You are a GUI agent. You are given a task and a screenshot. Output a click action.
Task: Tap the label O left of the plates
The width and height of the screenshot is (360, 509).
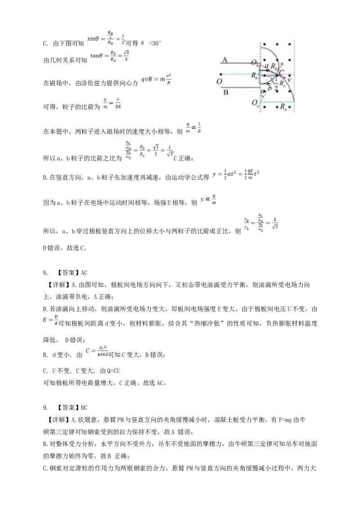tap(219, 81)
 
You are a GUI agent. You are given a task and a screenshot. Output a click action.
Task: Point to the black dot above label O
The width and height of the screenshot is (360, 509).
tap(220, 74)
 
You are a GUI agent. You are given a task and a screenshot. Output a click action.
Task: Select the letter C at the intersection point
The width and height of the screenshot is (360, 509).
tap(282, 72)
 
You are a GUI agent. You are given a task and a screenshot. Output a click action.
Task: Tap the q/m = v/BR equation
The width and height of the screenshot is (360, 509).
tap(111, 104)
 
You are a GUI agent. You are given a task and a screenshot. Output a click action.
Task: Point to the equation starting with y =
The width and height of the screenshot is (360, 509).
tap(237, 174)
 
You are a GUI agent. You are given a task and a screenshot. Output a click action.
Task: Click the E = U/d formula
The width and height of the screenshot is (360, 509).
tap(50, 320)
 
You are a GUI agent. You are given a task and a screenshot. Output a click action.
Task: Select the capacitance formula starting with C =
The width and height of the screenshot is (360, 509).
tap(97, 351)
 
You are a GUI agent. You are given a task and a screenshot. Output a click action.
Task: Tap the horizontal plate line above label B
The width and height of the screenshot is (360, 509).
tap(238, 87)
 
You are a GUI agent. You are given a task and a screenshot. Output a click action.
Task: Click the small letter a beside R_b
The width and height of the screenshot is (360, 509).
tap(266, 66)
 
